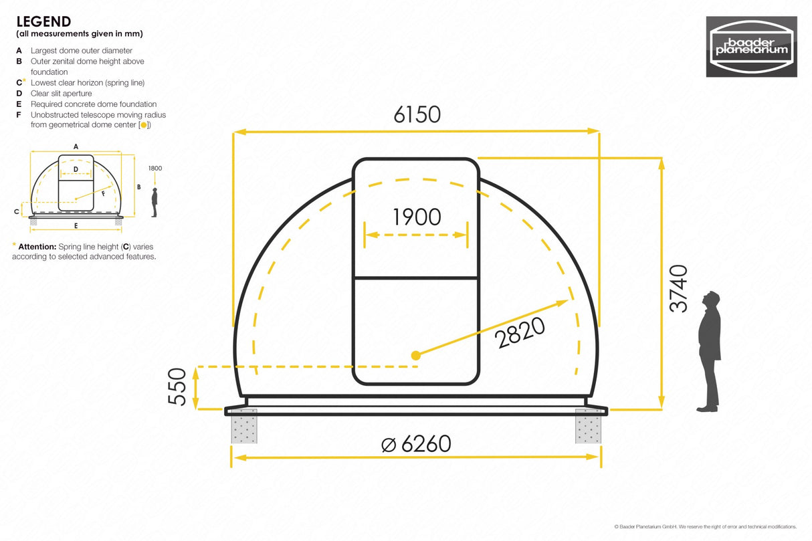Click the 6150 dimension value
coord(417,114)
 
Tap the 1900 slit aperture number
coord(417,217)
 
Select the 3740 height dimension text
coord(678,288)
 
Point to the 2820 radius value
coord(521,332)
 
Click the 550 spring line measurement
coord(177,387)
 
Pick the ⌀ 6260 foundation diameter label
coord(416,443)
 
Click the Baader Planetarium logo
coord(751,47)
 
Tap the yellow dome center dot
coord(415,355)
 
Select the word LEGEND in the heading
coord(43,22)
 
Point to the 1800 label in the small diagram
coord(155,169)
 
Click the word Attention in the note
coord(37,247)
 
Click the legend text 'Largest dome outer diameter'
coord(81,51)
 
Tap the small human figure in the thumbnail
coord(155,202)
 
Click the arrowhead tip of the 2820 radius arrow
coord(567,302)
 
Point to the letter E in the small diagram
coord(76,225)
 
